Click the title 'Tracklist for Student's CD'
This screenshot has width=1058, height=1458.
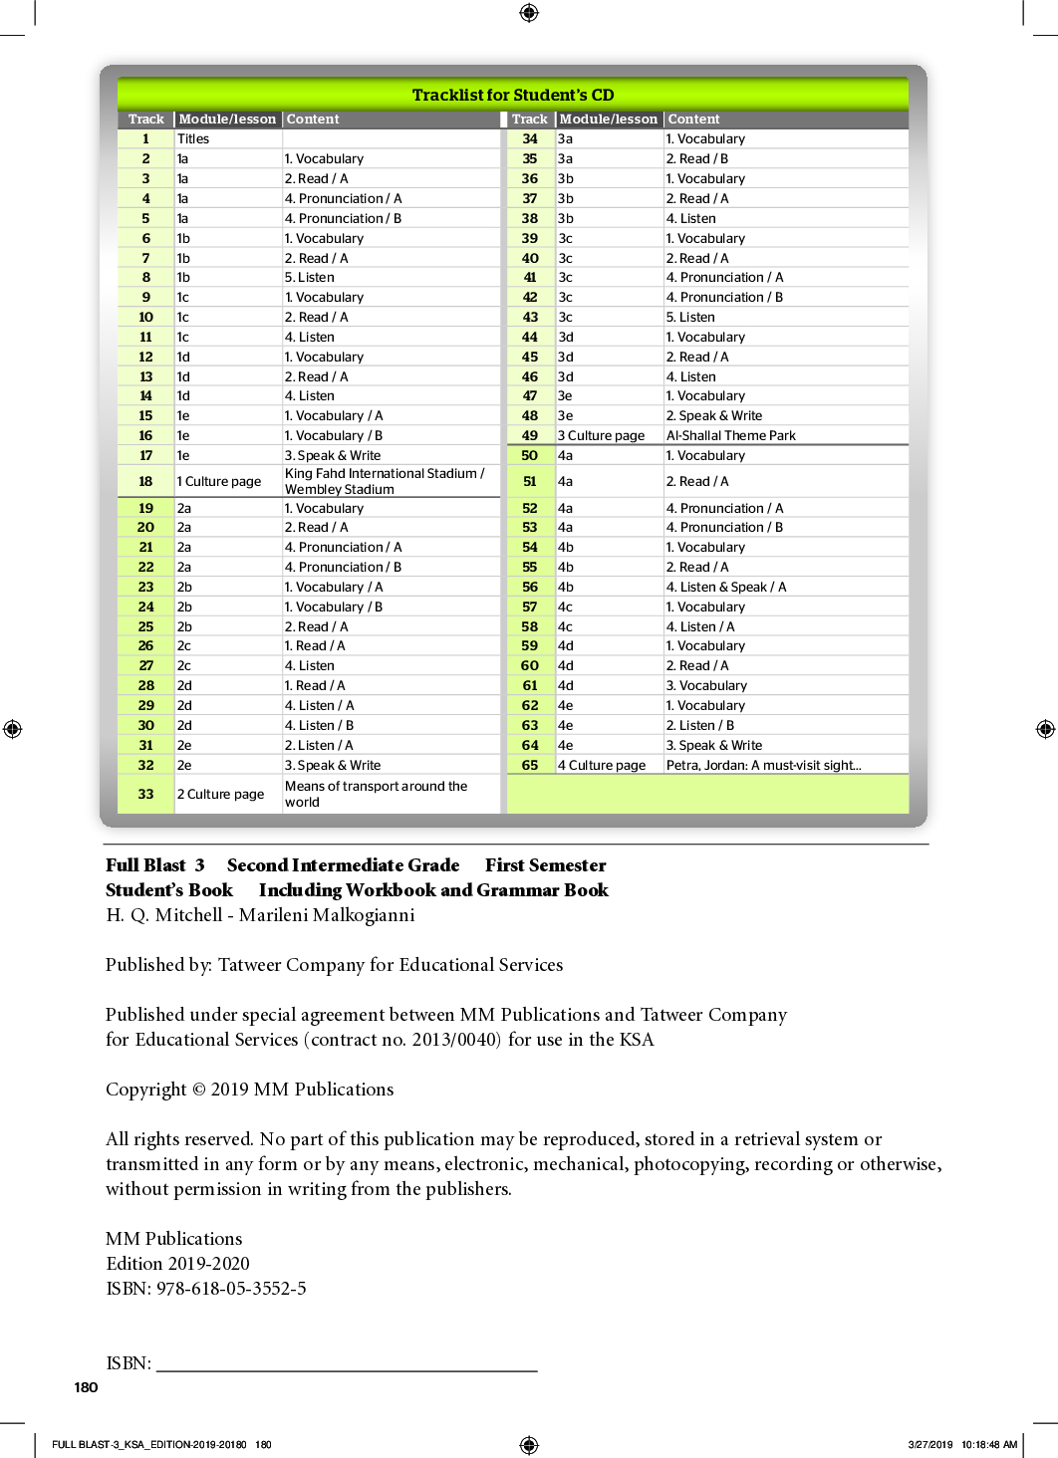pyautogui.click(x=513, y=95)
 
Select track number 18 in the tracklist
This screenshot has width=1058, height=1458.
pyautogui.click(x=145, y=482)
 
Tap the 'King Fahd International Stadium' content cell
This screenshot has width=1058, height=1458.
pyautogui.click(x=385, y=481)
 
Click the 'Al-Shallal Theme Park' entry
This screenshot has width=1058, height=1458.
pyautogui.click(x=730, y=435)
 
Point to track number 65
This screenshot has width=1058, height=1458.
pyautogui.click(x=530, y=765)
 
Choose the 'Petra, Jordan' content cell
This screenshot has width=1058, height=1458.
pyautogui.click(x=763, y=765)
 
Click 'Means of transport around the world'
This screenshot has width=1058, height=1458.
pyautogui.click(x=376, y=794)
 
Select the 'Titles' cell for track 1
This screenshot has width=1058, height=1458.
pyautogui.click(x=193, y=139)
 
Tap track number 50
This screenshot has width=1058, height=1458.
pyautogui.click(x=530, y=455)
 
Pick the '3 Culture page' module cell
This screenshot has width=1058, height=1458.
pyautogui.click(x=601, y=435)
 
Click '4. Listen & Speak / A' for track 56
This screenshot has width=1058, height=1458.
pyautogui.click(x=725, y=587)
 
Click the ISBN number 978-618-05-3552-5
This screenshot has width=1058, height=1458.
pyautogui.click(x=231, y=1288)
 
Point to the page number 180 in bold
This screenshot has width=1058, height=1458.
pyautogui.click(x=87, y=1387)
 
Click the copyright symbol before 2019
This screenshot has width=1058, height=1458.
pyautogui.click(x=198, y=1090)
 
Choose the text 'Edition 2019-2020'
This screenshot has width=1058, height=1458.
pyautogui.click(x=177, y=1263)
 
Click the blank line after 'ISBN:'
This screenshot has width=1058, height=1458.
pyautogui.click(x=347, y=1368)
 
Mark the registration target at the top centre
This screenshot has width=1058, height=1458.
pyautogui.click(x=529, y=12)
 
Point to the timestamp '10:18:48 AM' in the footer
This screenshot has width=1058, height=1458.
pyautogui.click(x=989, y=1444)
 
